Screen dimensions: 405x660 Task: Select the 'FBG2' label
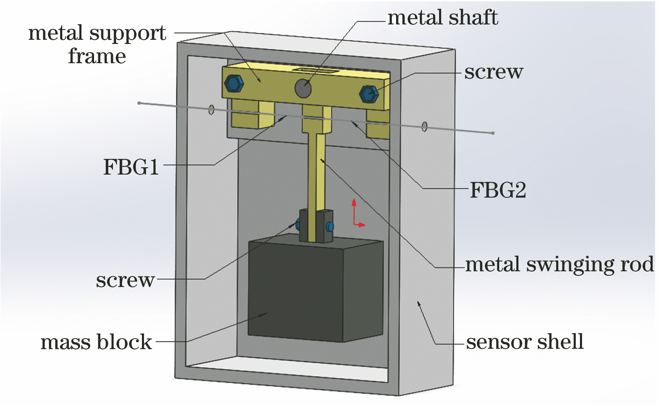(x=497, y=191)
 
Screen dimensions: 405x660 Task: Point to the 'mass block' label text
(x=96, y=342)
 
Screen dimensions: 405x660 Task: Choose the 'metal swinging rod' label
(x=559, y=265)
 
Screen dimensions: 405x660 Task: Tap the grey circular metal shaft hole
(x=303, y=88)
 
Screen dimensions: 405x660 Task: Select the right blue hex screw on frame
(x=369, y=94)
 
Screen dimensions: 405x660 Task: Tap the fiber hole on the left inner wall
(x=211, y=110)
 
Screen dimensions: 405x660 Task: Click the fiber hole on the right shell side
(x=424, y=126)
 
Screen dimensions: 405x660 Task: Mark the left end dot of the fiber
(x=139, y=103)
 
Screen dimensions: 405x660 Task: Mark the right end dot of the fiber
(x=493, y=133)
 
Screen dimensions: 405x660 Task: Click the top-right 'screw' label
(x=494, y=72)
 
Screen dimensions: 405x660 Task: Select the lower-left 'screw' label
(x=125, y=280)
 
